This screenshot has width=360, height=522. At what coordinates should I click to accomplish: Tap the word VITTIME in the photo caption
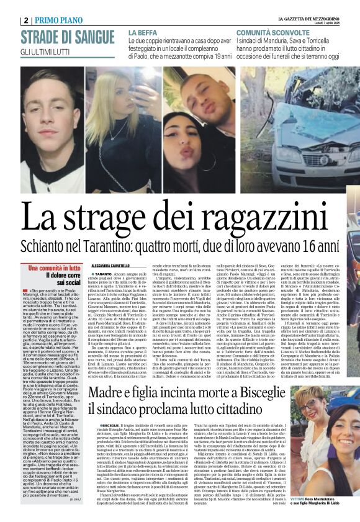pyautogui.click(x=299, y=499)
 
